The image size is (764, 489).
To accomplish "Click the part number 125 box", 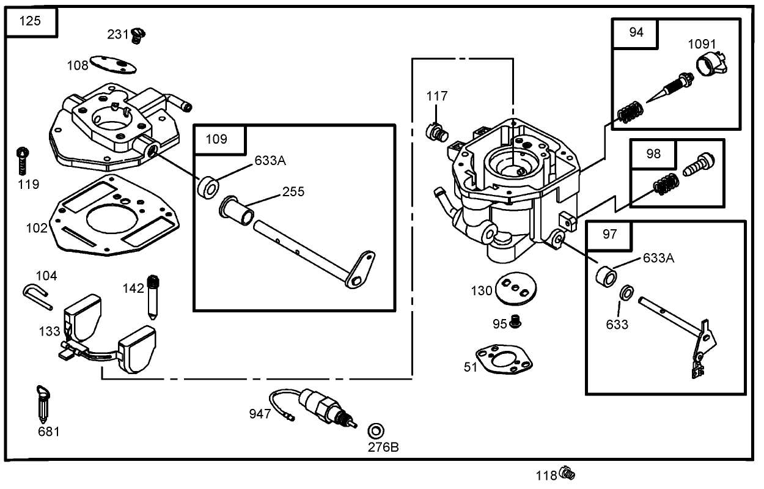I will (x=31, y=21).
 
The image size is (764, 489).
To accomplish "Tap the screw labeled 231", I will (x=138, y=35).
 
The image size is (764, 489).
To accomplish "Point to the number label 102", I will (x=36, y=228).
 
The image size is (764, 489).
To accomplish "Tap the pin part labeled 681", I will (x=43, y=405).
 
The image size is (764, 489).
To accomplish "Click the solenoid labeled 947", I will (x=323, y=406).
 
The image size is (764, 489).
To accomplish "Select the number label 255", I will (x=293, y=192).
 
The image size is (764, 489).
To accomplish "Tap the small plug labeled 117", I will (x=436, y=129).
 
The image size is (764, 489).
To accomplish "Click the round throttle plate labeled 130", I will (x=513, y=289).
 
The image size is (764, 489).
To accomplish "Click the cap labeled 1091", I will (x=711, y=64).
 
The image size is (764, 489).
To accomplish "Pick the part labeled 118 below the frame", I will (x=567, y=472).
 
